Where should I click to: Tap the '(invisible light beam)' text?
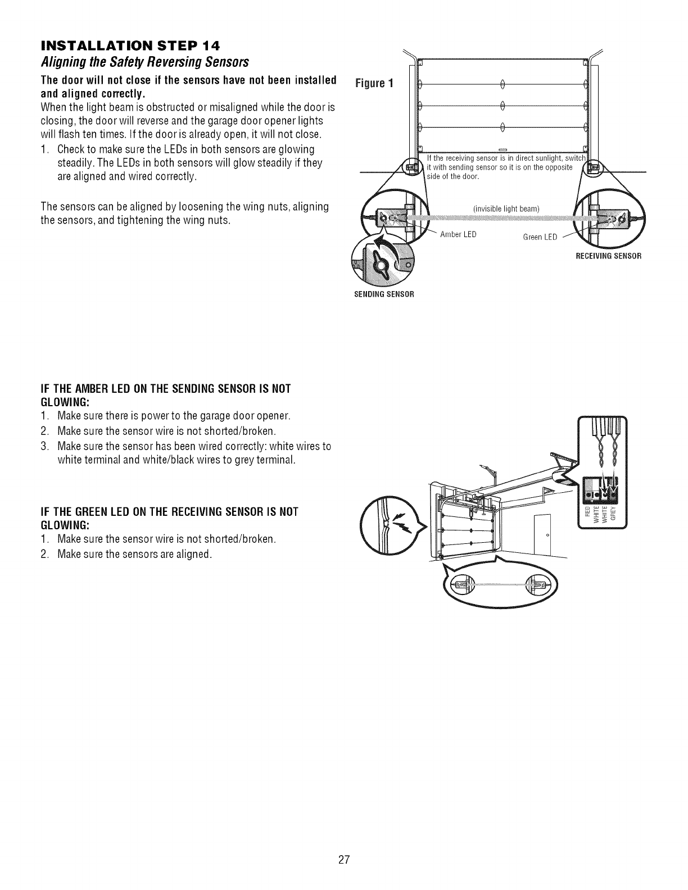tap(506, 209)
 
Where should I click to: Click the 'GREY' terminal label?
tap(613, 512)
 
